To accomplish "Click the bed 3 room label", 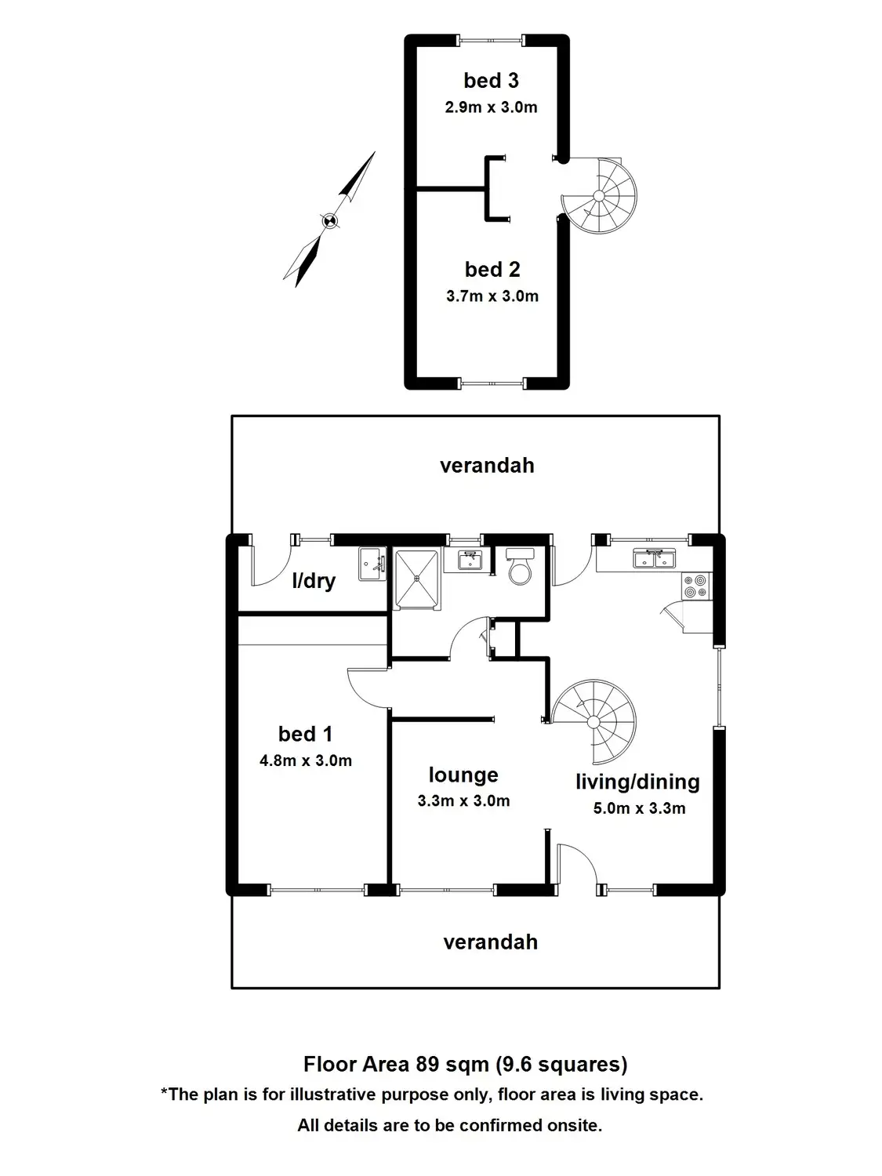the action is (x=491, y=81).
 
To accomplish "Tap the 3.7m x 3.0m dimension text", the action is (x=492, y=296).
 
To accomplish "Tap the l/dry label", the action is (x=314, y=581).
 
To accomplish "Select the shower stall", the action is (x=417, y=578).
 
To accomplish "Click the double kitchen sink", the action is (x=653, y=559).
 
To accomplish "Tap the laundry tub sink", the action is (x=372, y=564).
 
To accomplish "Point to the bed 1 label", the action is (x=305, y=735).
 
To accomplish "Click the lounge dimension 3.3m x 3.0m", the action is (x=463, y=801).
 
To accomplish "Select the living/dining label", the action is (x=637, y=782).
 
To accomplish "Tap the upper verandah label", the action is (x=487, y=466).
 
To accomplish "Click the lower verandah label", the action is (x=491, y=942).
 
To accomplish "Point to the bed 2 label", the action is (x=492, y=270).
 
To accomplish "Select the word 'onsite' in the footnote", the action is (x=573, y=1126).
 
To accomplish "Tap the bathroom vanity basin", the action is (x=470, y=559).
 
